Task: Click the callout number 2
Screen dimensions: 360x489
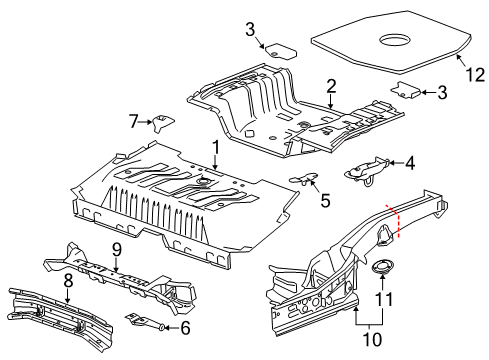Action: click(x=330, y=87)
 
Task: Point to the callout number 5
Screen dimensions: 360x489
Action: click(x=324, y=198)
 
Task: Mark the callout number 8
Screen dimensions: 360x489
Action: click(x=68, y=283)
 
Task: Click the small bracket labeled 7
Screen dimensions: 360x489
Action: click(x=161, y=123)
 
